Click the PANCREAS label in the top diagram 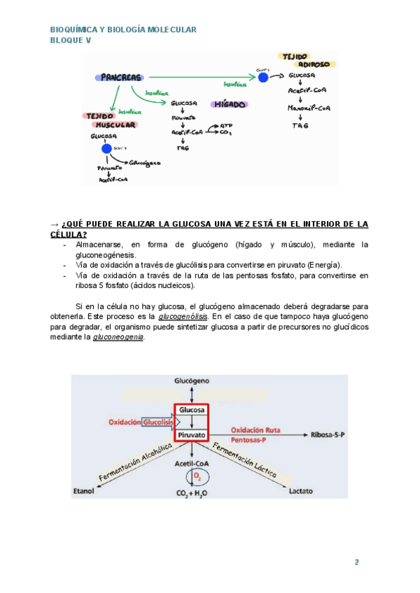click(x=121, y=77)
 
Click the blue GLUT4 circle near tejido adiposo click(x=263, y=77)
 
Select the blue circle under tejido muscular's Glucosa click(x=106, y=148)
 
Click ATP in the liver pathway click(x=226, y=125)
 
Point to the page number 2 click(x=356, y=562)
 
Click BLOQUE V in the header click(x=71, y=40)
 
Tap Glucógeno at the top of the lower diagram click(x=191, y=380)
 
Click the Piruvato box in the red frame click(x=191, y=435)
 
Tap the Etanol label click(x=83, y=492)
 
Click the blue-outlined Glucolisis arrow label click(x=159, y=422)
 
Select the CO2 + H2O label click(x=192, y=494)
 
